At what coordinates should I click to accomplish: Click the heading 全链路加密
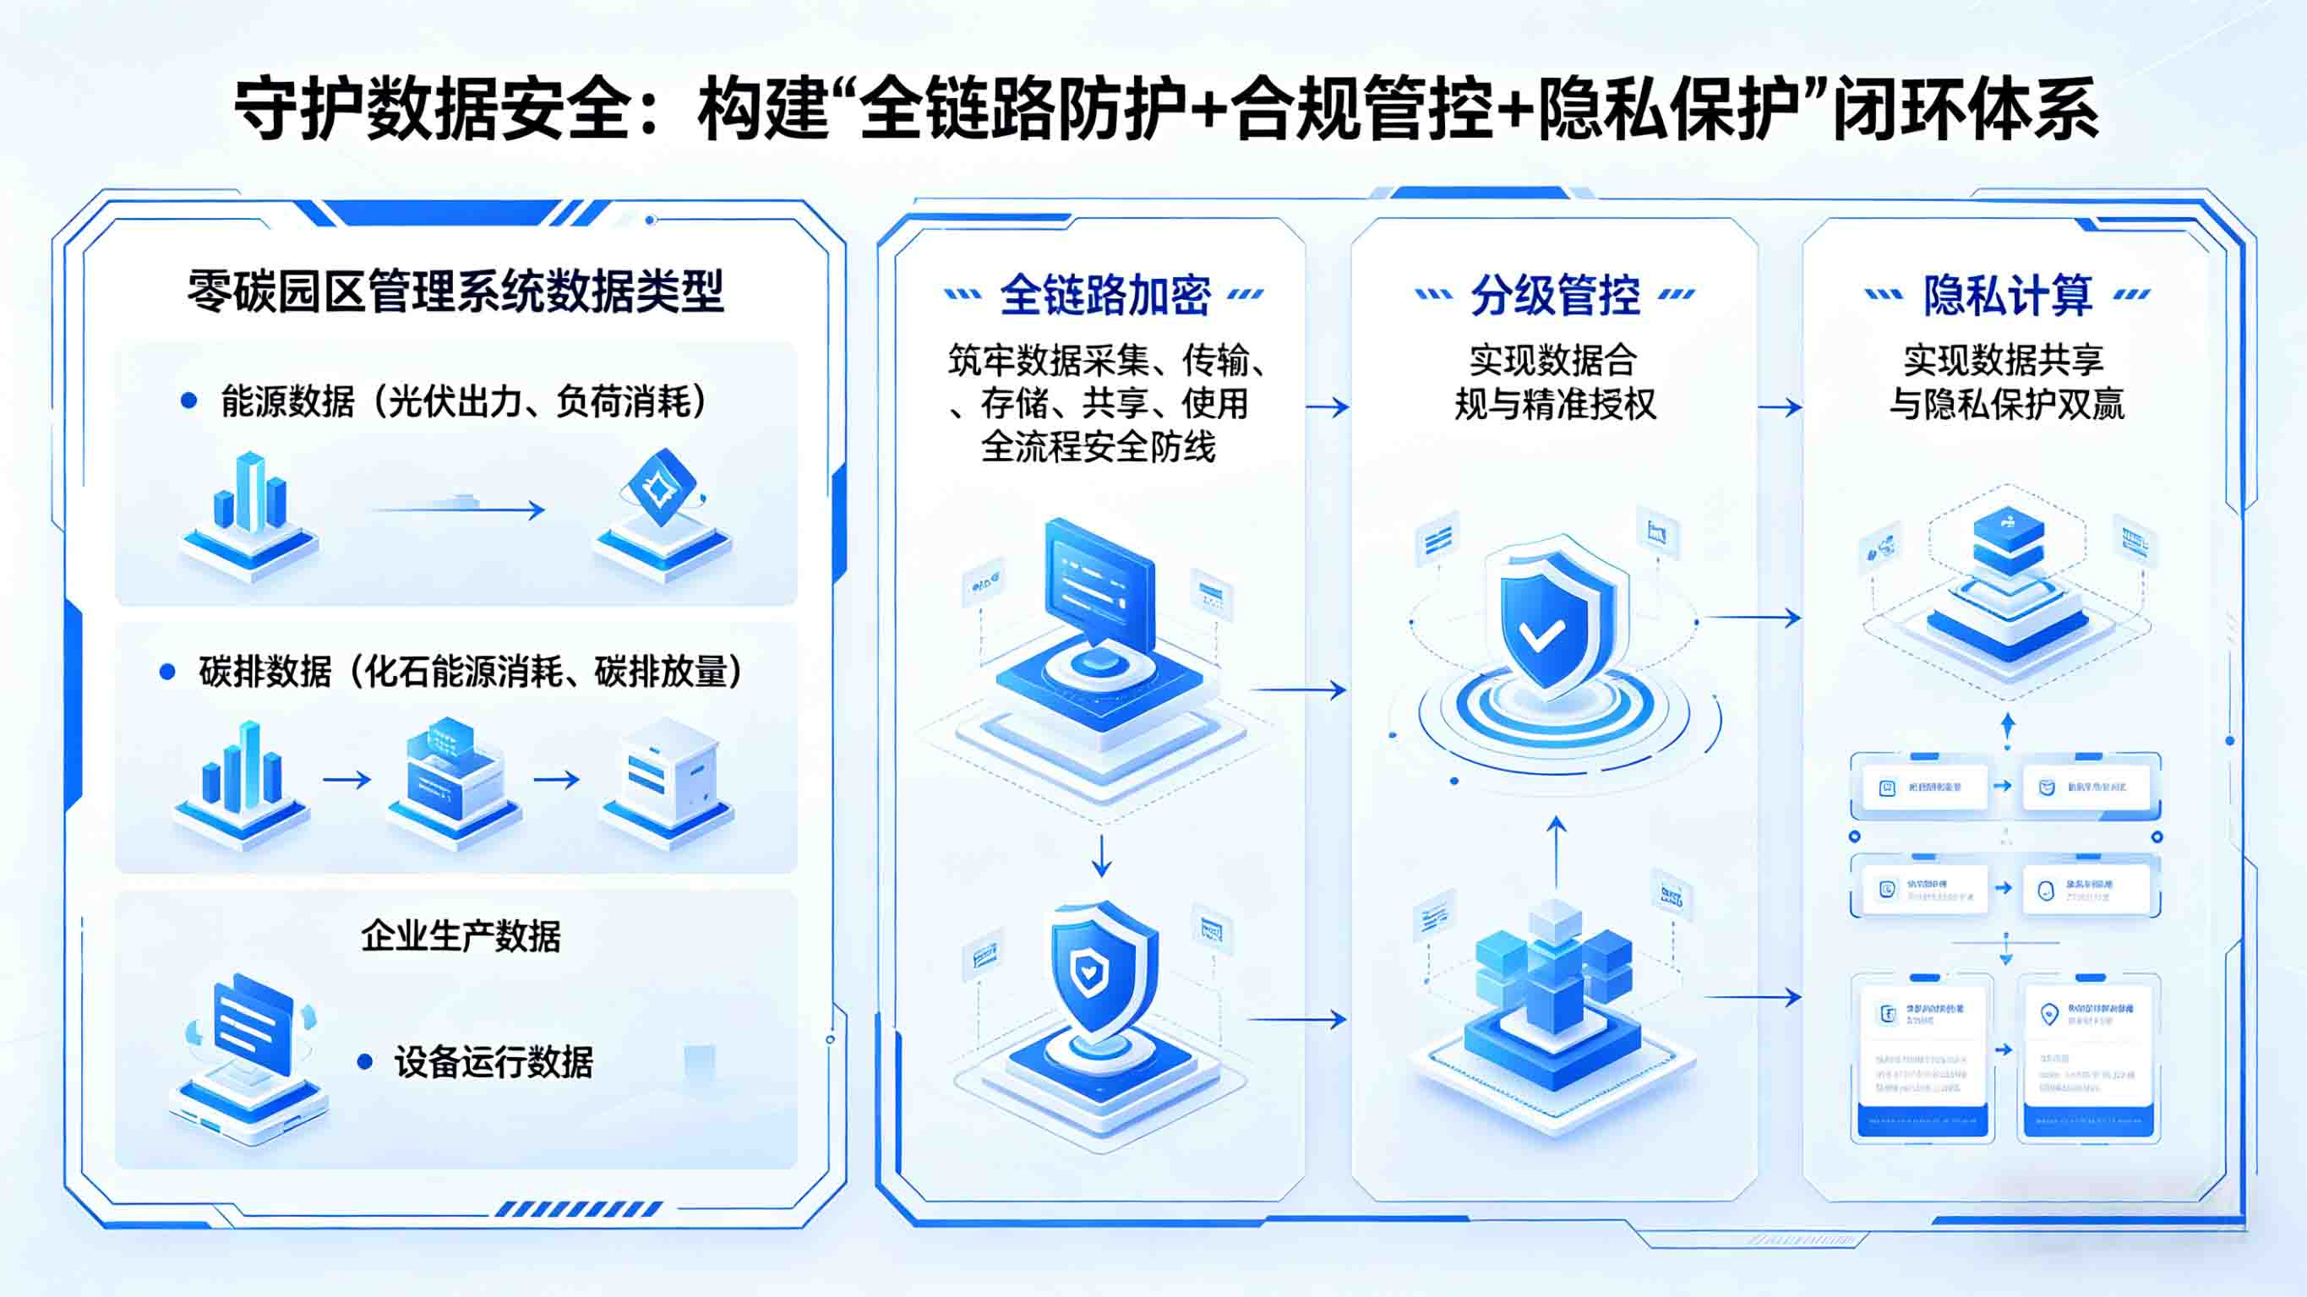pos(1104,295)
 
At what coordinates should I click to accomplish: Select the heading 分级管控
pos(1556,295)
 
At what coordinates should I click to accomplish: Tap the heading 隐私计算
pos(2008,295)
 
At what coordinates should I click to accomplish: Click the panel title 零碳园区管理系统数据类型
pos(455,292)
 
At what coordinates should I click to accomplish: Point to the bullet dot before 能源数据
pos(188,401)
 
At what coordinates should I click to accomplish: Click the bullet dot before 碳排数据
pos(166,672)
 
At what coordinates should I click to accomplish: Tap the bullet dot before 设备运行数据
pos(364,1062)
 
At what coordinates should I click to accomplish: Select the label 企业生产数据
pos(461,936)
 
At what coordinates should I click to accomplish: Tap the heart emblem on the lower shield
pos(1089,970)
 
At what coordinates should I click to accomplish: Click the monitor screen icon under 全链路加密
pos(1099,586)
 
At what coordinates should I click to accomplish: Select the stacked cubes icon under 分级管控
pos(1555,967)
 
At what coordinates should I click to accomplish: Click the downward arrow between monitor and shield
pos(1102,855)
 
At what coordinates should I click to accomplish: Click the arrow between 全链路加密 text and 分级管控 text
pos(1328,407)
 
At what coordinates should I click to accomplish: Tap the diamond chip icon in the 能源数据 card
pos(663,488)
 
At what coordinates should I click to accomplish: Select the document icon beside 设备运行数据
pos(254,1026)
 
